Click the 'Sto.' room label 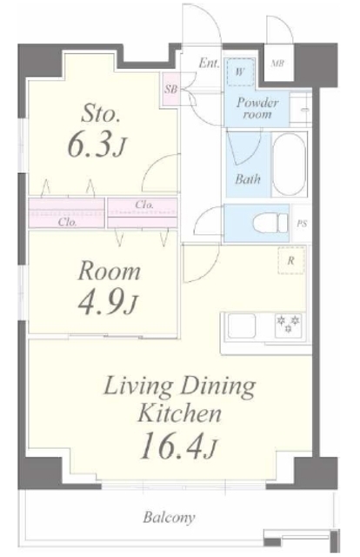[x=100, y=114]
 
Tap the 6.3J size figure [x=97, y=145]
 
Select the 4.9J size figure [x=107, y=302]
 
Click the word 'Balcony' [x=169, y=517]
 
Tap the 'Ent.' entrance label [x=209, y=64]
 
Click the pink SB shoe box [x=171, y=89]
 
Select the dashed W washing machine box [x=240, y=72]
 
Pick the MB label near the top [x=277, y=64]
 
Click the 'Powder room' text [x=257, y=108]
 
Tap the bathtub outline [x=289, y=164]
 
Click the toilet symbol [x=270, y=224]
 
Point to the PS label [x=302, y=224]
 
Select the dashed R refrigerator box [x=291, y=260]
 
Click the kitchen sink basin [x=241, y=325]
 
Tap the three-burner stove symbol [x=288, y=325]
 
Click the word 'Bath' [x=248, y=179]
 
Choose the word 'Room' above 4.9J [x=109, y=272]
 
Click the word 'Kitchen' [x=179, y=413]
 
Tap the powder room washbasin [x=300, y=109]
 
